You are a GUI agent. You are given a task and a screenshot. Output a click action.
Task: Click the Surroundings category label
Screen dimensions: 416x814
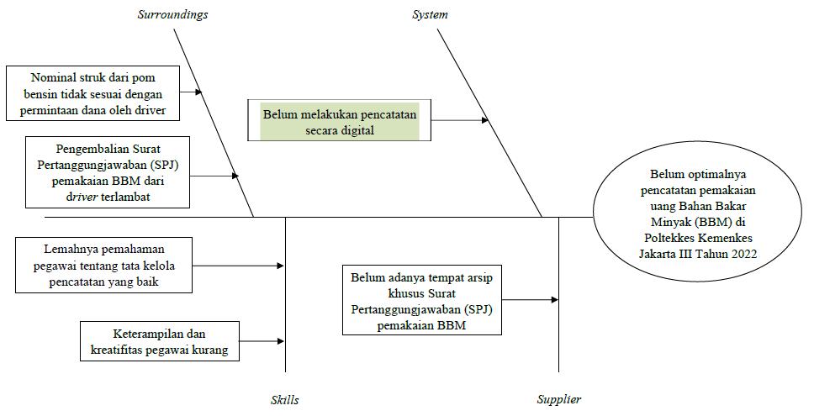pos(172,14)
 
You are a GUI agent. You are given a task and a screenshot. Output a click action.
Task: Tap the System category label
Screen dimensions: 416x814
pos(430,14)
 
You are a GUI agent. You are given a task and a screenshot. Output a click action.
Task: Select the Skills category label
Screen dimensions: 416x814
pos(284,400)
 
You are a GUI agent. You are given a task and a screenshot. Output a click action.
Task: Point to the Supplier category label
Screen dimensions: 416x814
pos(558,400)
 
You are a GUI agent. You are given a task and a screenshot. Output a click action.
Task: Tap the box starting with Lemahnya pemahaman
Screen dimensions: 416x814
pos(104,266)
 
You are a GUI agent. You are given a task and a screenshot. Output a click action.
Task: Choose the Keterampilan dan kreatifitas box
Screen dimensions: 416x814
pos(159,341)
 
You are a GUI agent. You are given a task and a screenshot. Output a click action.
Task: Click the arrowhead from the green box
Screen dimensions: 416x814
pos(484,120)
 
